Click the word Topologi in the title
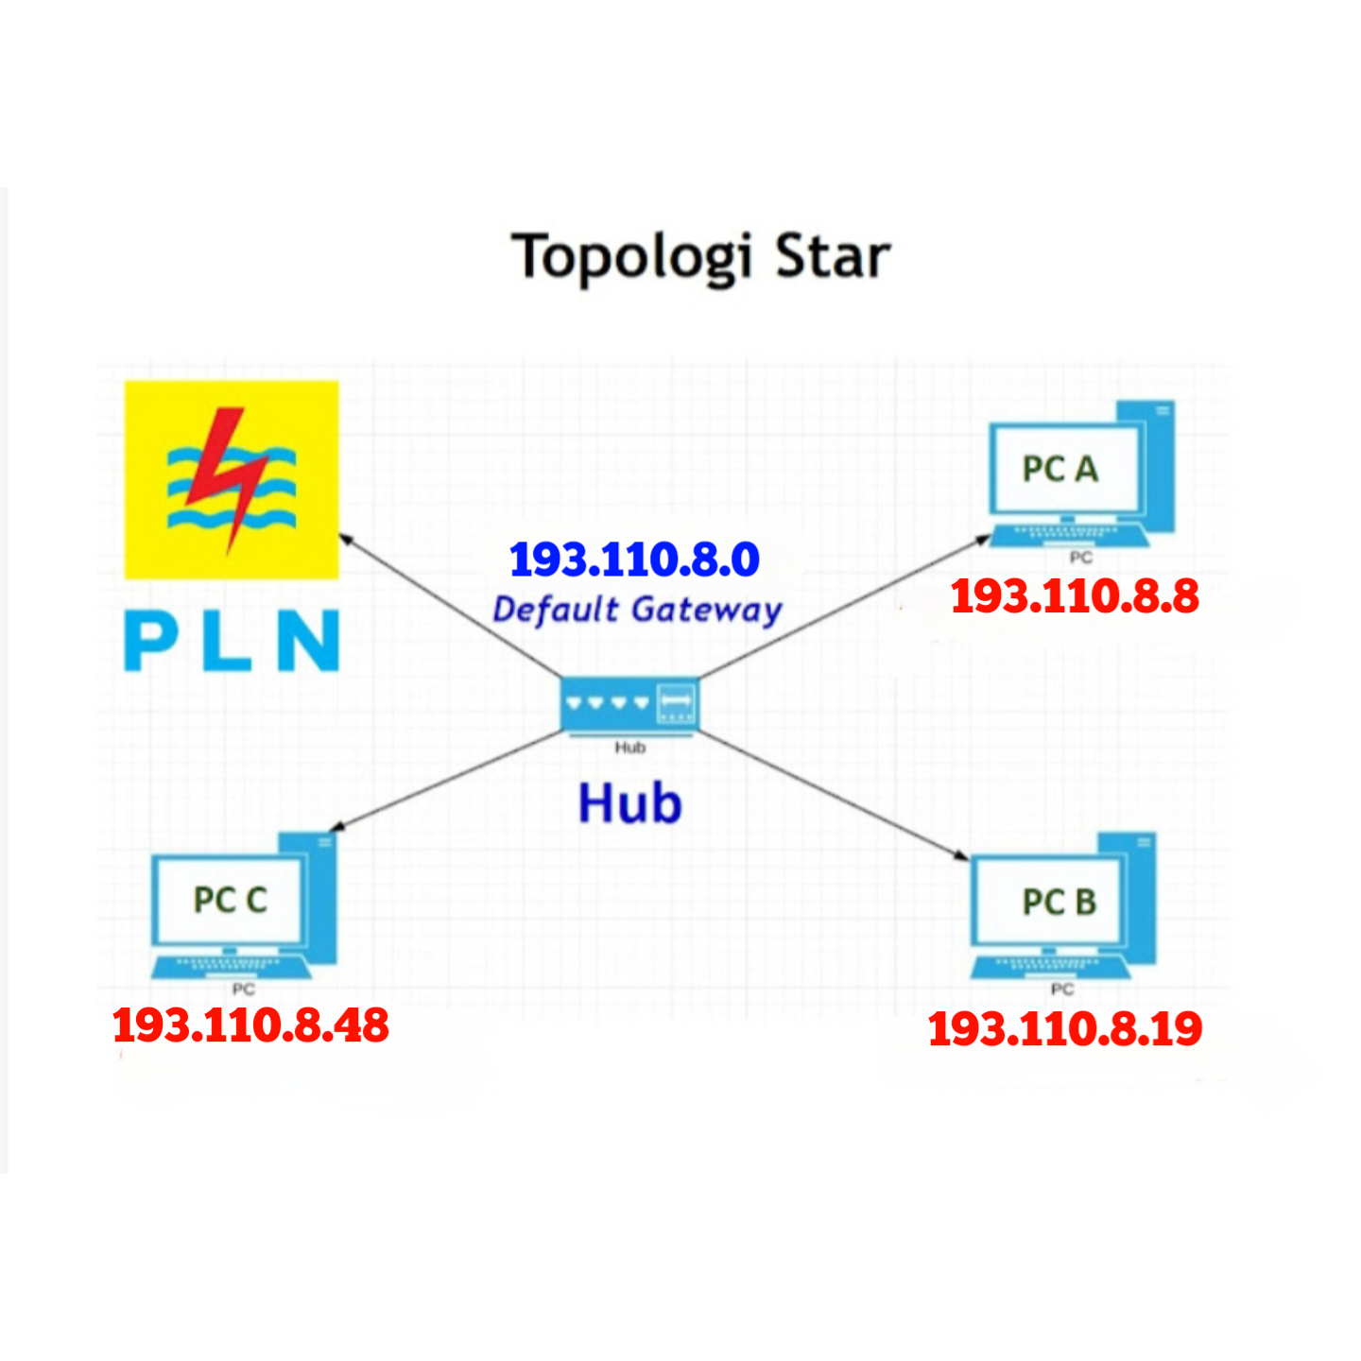tap(631, 257)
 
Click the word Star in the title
tap(832, 257)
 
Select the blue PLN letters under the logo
tap(232, 641)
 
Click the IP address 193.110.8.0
tap(634, 560)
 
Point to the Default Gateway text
tap(637, 610)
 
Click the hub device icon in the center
tap(629, 705)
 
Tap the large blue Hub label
tap(629, 803)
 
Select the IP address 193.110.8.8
tap(1075, 596)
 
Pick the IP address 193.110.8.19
tap(1065, 1028)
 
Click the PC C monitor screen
tap(230, 900)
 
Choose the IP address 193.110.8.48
tap(250, 1025)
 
